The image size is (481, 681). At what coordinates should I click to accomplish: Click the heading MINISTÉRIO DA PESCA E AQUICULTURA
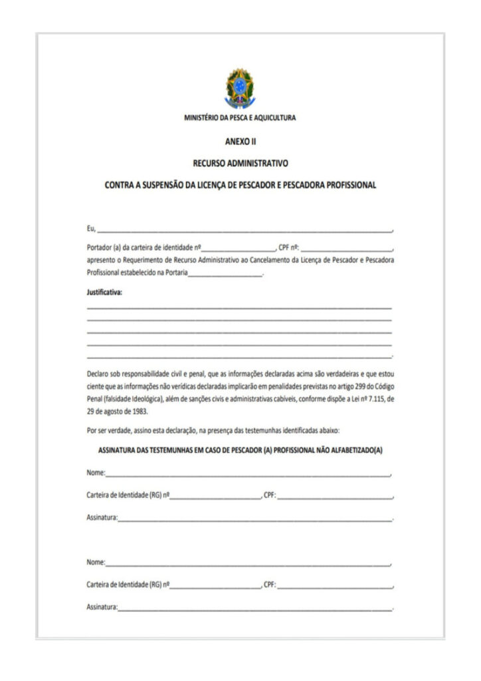pyautogui.click(x=240, y=118)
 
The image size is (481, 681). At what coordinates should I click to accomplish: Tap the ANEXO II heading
pyautogui.click(x=241, y=142)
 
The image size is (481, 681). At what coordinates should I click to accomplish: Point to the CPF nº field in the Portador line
pyautogui.click(x=346, y=247)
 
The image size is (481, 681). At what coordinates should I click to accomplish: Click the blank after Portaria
pyautogui.click(x=226, y=274)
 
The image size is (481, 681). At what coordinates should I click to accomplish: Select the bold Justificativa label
pyautogui.click(x=104, y=292)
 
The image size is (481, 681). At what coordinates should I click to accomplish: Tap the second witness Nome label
pyautogui.click(x=96, y=563)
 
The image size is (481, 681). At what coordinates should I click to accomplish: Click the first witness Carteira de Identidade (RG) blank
pyautogui.click(x=215, y=497)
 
